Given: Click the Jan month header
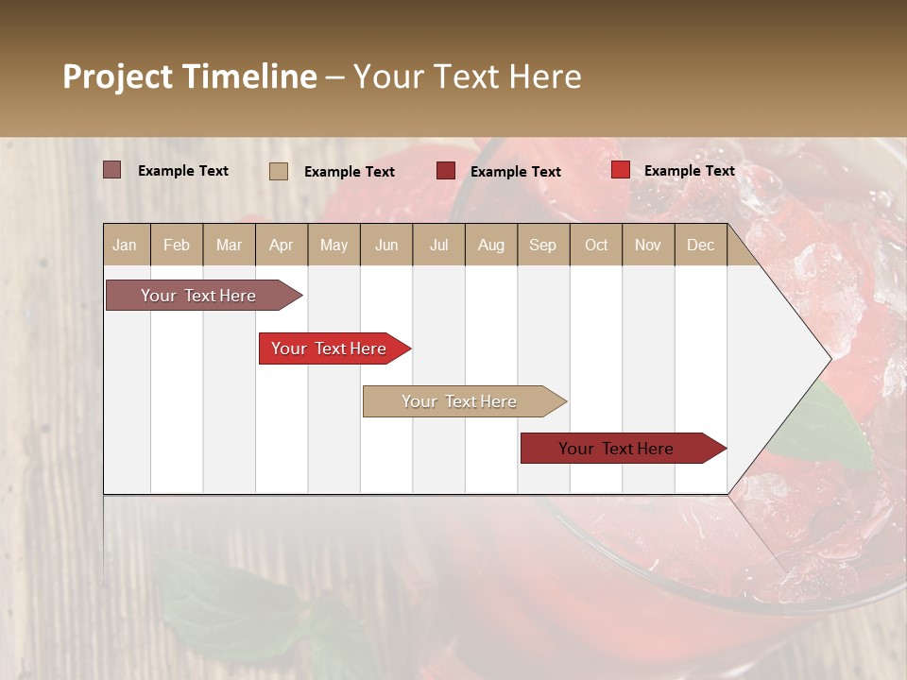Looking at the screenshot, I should click(x=125, y=245).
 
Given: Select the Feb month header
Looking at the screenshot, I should click(x=177, y=245).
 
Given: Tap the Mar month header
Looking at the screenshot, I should click(x=229, y=245).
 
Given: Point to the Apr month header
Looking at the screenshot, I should click(x=282, y=245).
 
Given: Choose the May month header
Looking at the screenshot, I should click(x=334, y=245).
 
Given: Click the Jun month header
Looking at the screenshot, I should click(x=386, y=245).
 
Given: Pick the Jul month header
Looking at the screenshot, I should click(x=438, y=245).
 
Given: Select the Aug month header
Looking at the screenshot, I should click(x=490, y=245).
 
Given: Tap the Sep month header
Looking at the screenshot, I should click(x=542, y=245).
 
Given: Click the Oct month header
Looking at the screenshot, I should click(x=596, y=245).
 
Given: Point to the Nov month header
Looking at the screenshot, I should click(x=648, y=245).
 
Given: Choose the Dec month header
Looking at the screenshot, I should click(x=700, y=245).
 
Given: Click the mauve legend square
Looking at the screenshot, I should click(x=112, y=170).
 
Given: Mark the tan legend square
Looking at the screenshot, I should click(x=279, y=171).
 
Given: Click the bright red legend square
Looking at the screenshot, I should click(x=620, y=170).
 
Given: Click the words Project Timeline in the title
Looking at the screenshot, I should click(x=190, y=76).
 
